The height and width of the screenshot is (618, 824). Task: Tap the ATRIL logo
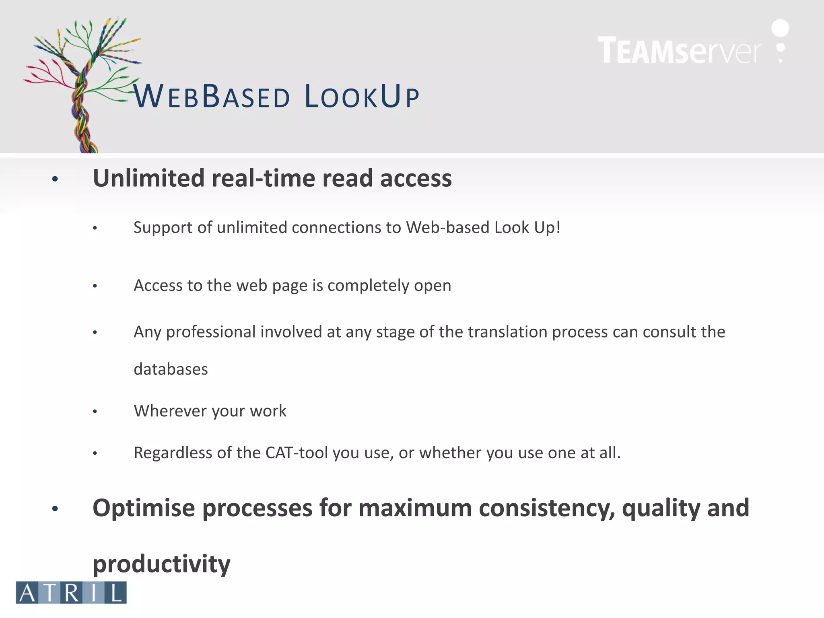[x=71, y=592]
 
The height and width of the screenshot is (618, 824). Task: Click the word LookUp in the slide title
[x=362, y=97]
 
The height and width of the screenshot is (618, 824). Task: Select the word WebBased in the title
[x=212, y=97]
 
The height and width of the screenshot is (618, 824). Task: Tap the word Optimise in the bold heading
[x=144, y=508]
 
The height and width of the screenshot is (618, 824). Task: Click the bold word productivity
[x=161, y=564]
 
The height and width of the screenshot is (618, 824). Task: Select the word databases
[x=171, y=369]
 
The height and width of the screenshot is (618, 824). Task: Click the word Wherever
[x=169, y=411]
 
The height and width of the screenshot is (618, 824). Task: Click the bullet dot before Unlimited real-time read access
[x=55, y=179]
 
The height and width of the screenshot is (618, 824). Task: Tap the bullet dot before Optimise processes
[x=55, y=509]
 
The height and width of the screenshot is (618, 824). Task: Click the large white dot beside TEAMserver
[x=780, y=28]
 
